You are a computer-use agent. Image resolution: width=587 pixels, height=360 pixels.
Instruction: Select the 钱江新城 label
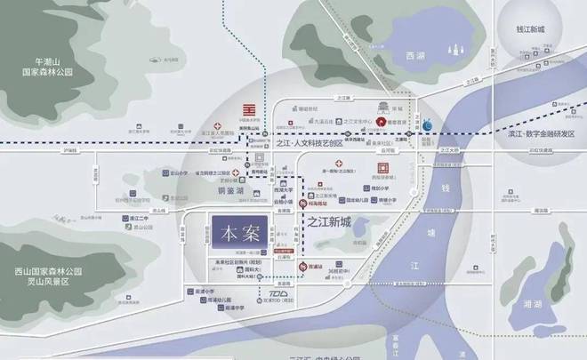pos(540,31)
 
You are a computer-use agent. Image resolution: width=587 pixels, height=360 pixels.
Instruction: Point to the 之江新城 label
pos(334,220)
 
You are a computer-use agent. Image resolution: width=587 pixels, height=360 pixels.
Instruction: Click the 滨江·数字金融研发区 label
pos(535,133)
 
